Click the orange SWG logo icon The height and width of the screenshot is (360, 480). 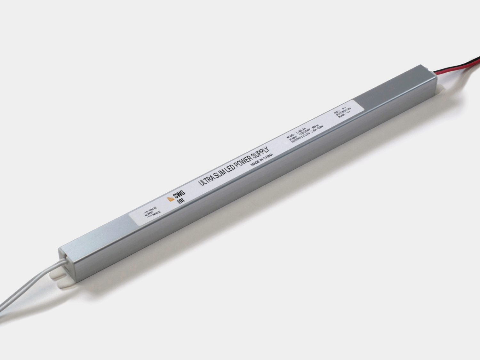coord(171,199)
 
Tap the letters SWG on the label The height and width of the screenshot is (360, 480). coord(179,195)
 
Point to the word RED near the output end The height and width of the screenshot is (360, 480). coord(336,113)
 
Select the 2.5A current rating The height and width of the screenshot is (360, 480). coord(313,133)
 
